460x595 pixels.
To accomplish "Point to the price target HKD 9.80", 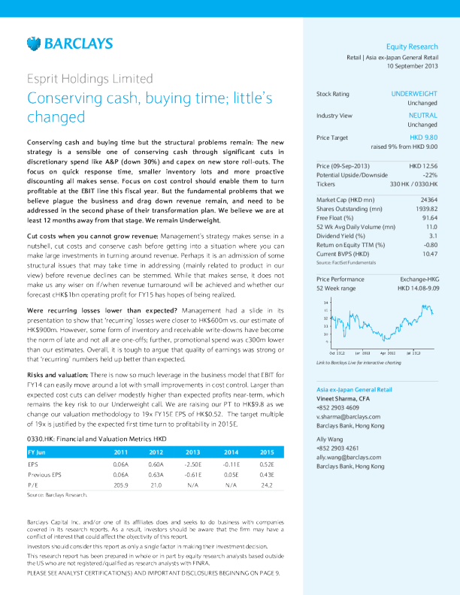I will click(x=423, y=138).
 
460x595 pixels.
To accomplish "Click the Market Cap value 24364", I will click(x=428, y=199).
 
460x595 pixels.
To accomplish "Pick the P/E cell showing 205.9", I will click(x=120, y=485).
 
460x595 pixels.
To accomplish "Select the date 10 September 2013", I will click(x=412, y=66).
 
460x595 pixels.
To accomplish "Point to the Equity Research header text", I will click(x=412, y=47).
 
